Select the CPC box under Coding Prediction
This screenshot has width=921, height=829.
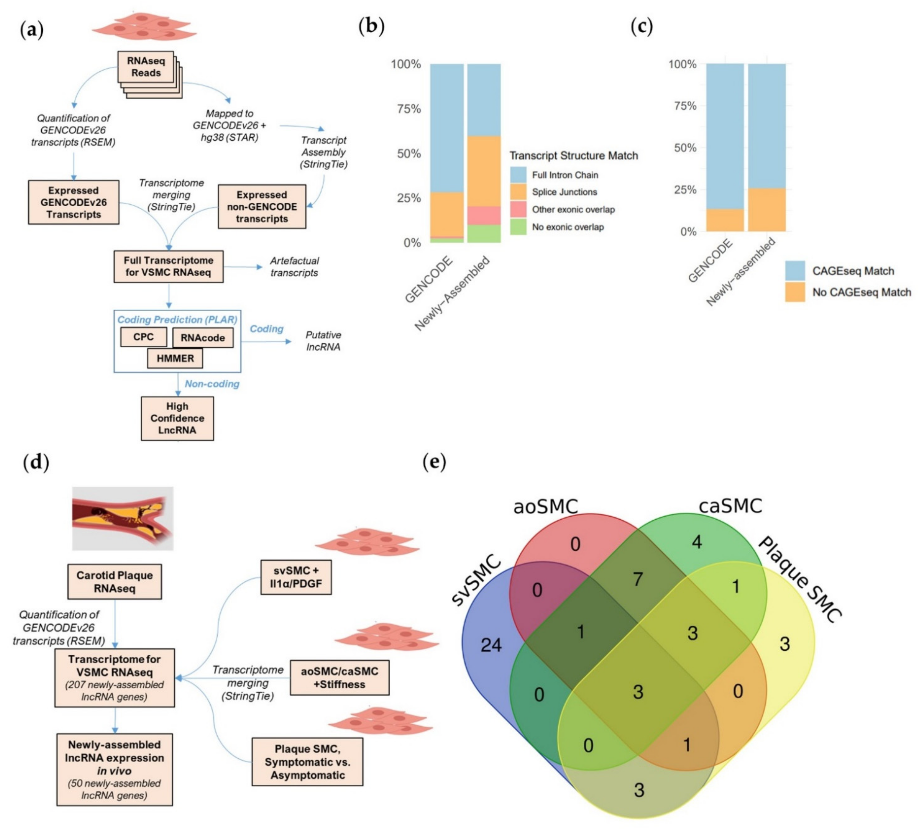(x=143, y=337)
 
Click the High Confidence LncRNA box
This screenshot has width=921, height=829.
(x=177, y=418)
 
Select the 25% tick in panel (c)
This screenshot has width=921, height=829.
(x=685, y=189)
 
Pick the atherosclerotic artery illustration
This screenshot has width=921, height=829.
(x=122, y=518)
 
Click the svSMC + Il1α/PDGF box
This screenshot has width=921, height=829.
(x=296, y=577)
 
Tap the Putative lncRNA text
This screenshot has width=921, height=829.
(x=323, y=341)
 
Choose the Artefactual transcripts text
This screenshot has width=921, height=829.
(x=294, y=267)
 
